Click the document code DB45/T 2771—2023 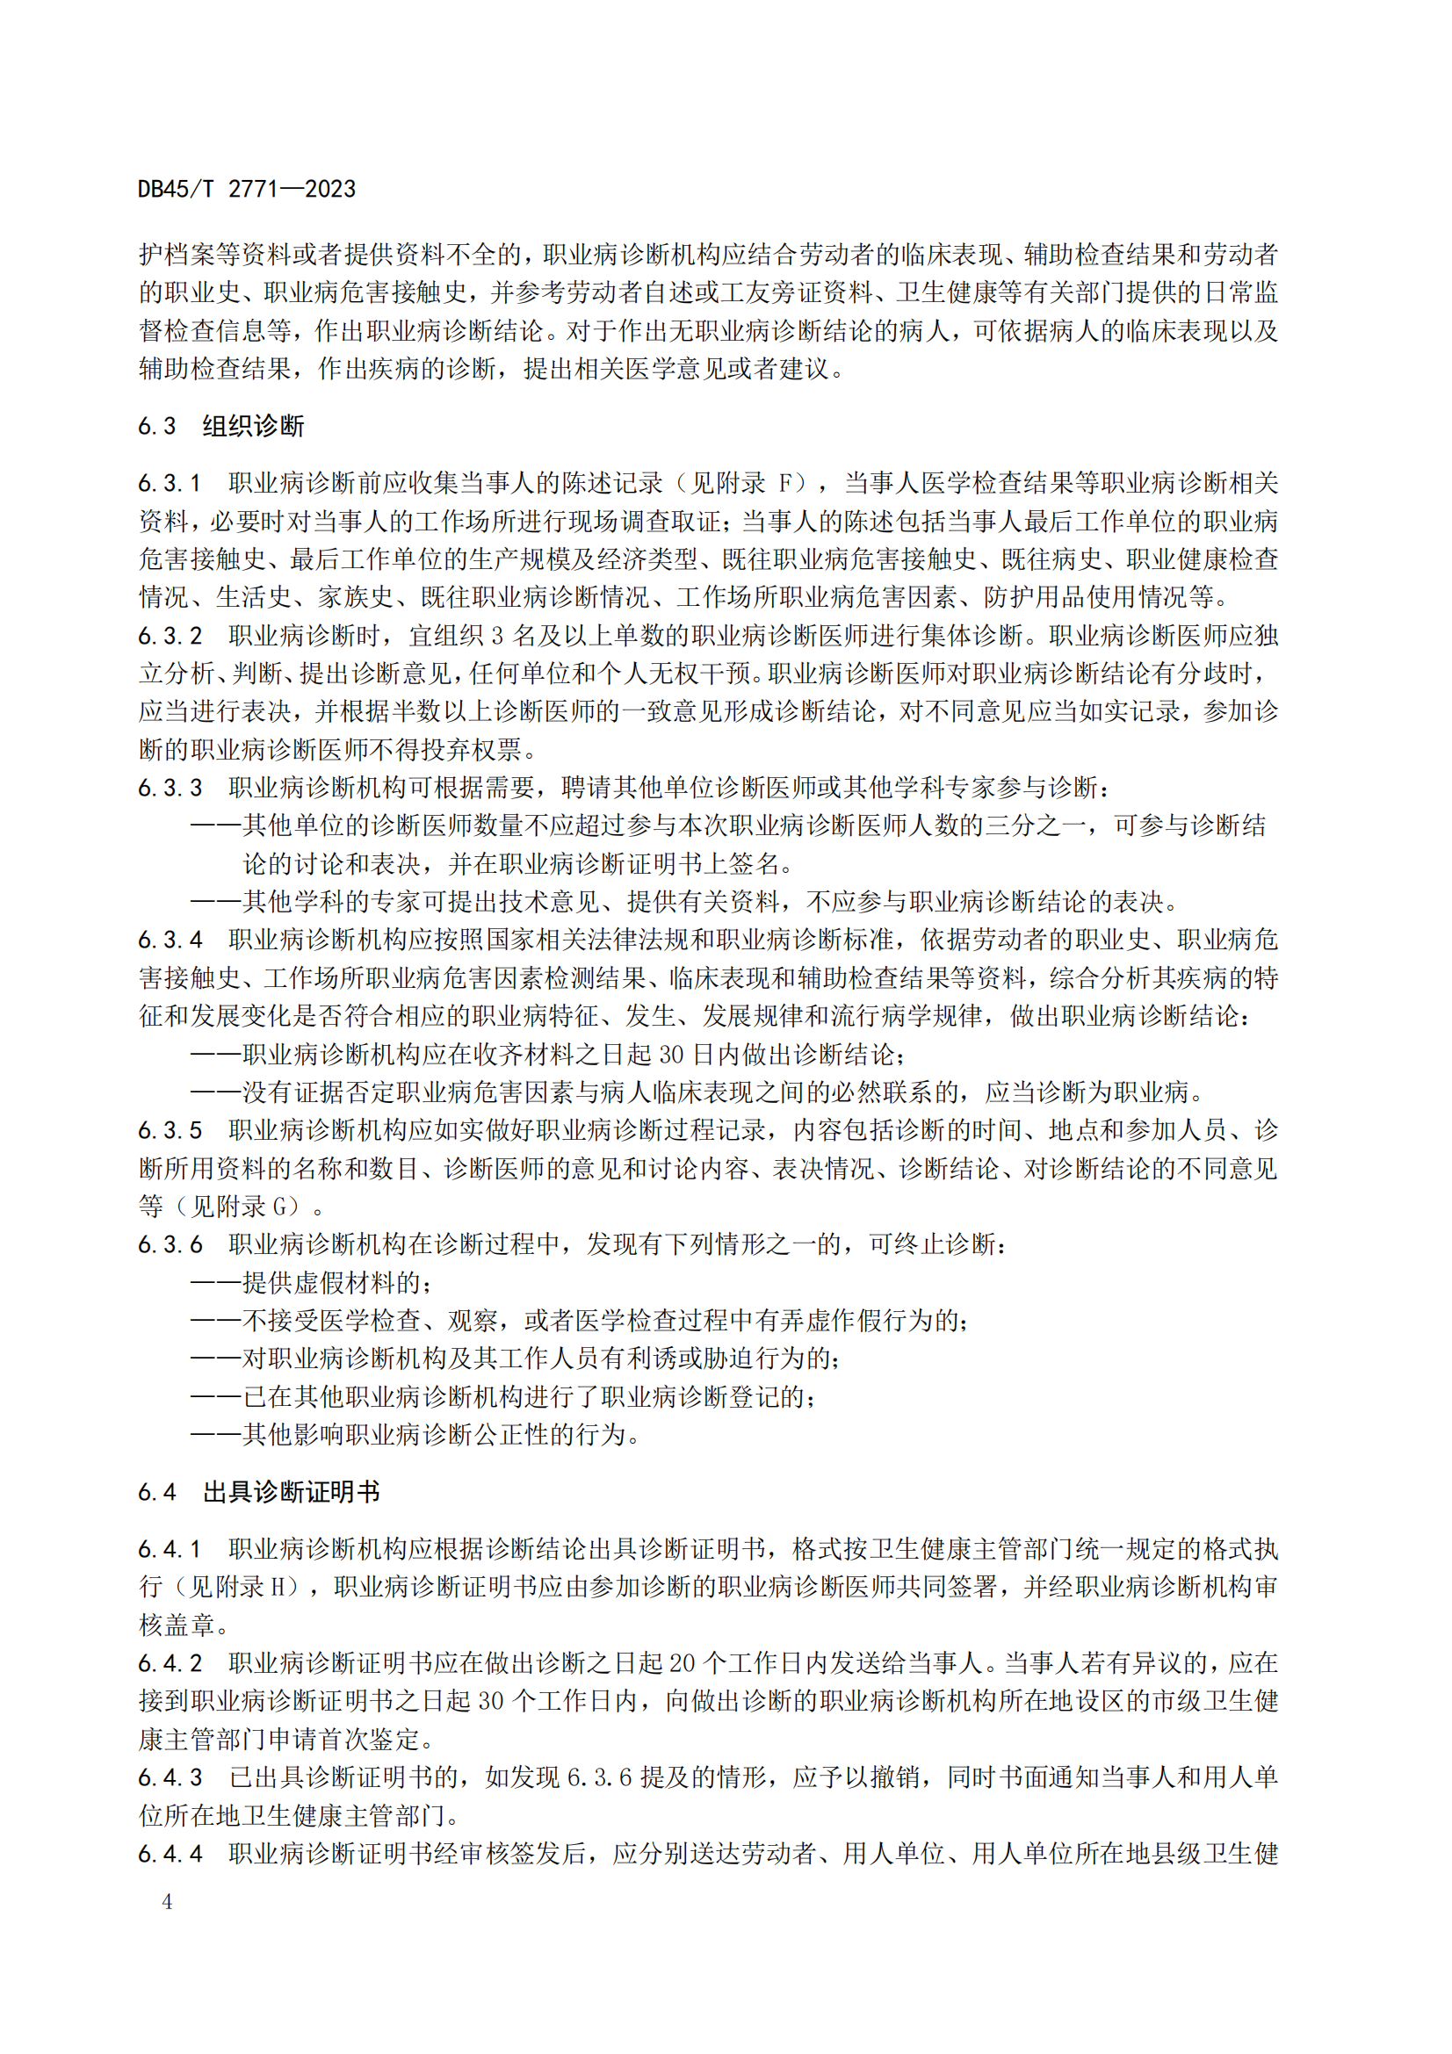(247, 190)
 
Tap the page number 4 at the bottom (167, 1901)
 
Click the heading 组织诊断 (253, 426)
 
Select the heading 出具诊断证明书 (291, 1491)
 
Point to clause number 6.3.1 (170, 484)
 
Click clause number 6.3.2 (170, 636)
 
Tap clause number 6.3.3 (170, 788)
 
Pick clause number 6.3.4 (170, 941)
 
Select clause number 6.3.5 (170, 1131)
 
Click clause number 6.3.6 (170, 1245)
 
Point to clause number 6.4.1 (170, 1548)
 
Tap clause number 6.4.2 (170, 1663)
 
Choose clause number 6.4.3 (170, 1777)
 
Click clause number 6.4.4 (170, 1854)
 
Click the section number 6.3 (157, 426)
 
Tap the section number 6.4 (157, 1491)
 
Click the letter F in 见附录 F (785, 484)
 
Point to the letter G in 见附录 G (280, 1207)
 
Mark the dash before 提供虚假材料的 (215, 1283)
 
